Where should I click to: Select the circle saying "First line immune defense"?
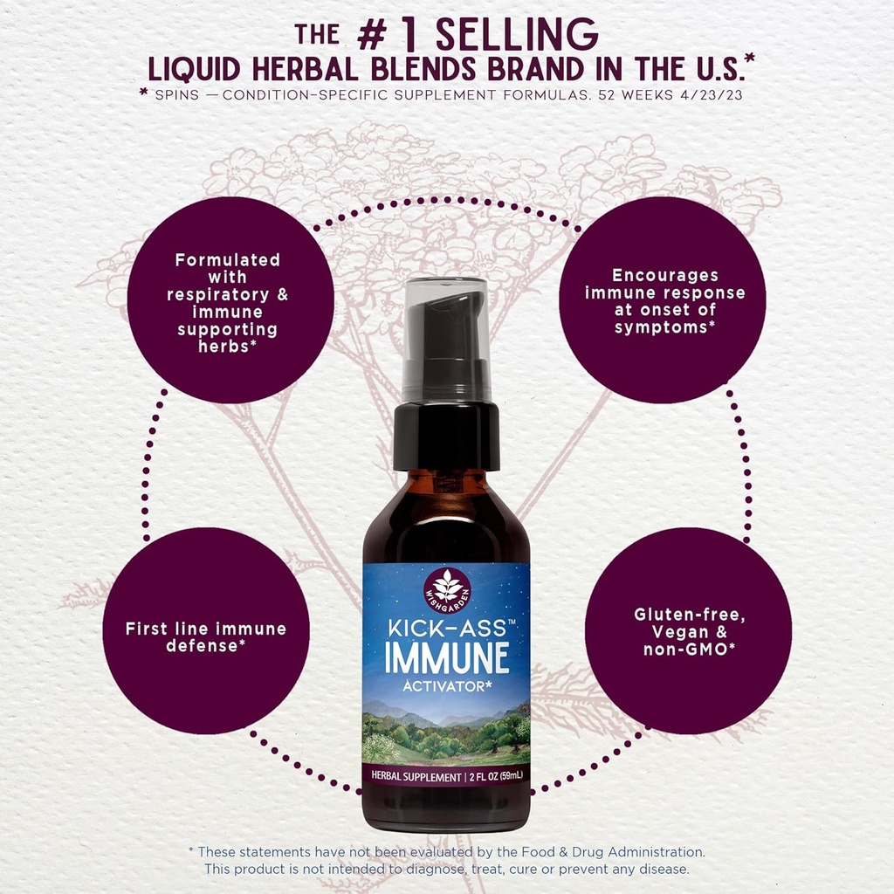[206, 636]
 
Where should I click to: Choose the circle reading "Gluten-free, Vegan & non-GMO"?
[688, 630]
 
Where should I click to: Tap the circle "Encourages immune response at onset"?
[664, 300]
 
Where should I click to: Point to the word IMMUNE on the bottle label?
[446, 657]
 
